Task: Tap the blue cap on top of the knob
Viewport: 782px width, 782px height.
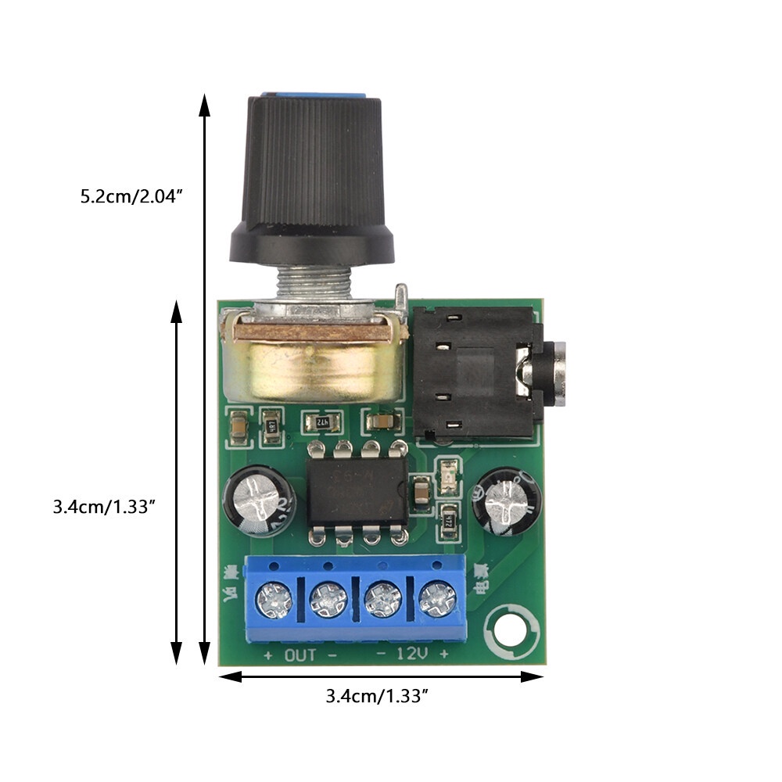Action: point(313,95)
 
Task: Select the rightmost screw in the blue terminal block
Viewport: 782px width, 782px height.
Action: point(436,600)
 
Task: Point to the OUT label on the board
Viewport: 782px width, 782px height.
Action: point(300,655)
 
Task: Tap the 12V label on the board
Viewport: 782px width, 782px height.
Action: point(411,655)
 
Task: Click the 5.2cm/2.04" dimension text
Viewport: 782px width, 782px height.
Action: point(131,195)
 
